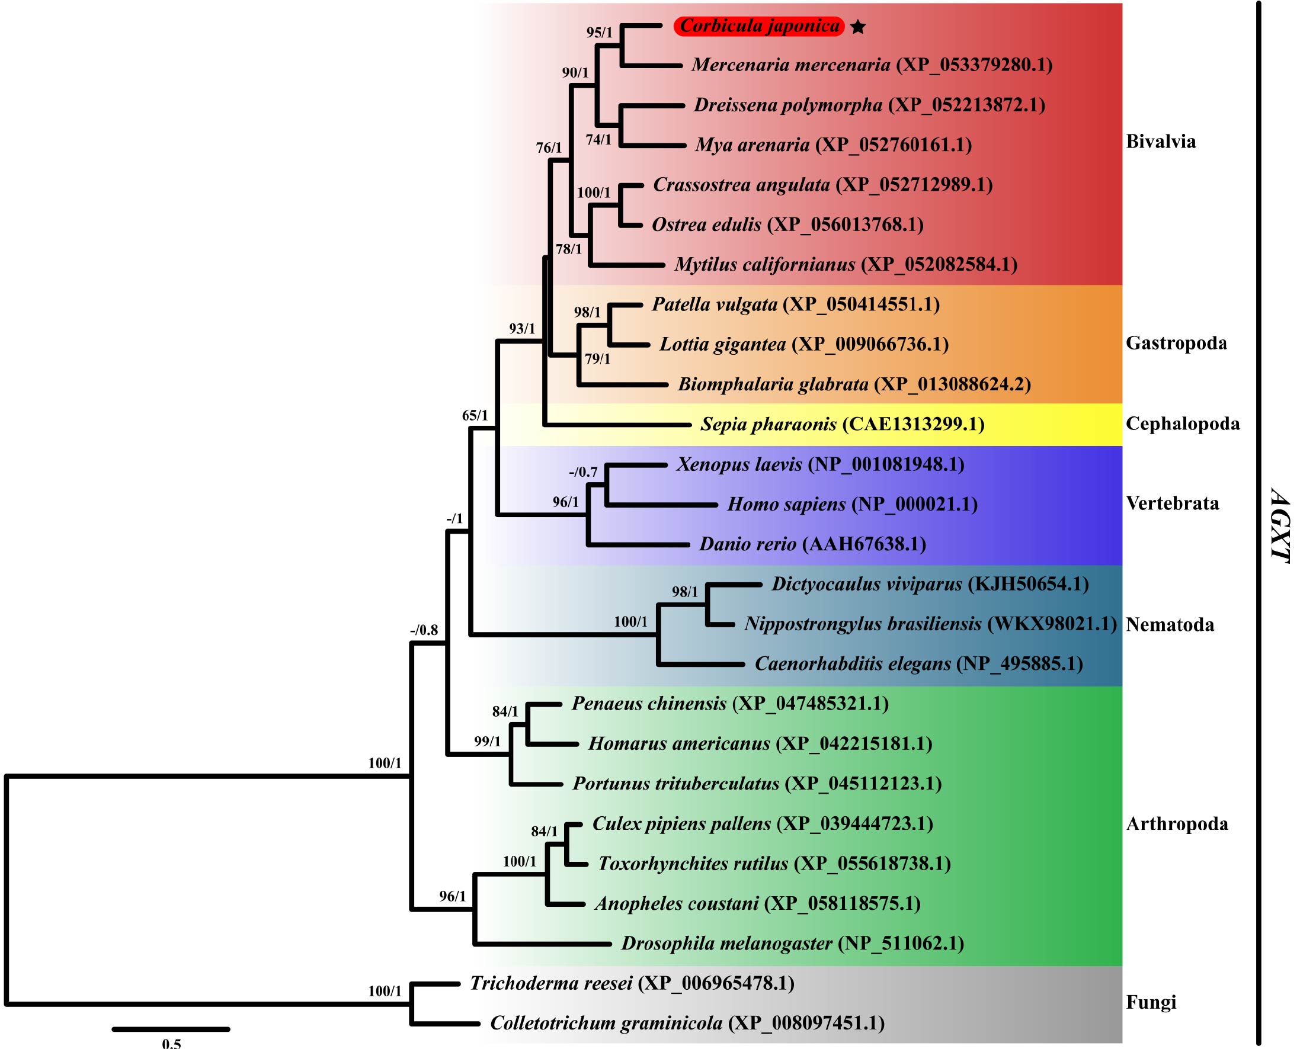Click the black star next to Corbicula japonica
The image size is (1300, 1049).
[857, 27]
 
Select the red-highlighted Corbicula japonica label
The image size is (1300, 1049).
[759, 26]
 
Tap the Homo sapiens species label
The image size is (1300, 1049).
[786, 504]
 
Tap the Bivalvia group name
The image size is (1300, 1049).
[1161, 142]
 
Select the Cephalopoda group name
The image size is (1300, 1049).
[1183, 424]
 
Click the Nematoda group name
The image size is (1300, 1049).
[1170, 625]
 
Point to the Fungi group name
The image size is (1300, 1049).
[1151, 1002]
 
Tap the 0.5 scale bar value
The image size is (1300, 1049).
[171, 1042]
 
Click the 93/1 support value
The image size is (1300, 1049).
[522, 329]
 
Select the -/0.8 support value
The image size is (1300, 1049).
[424, 630]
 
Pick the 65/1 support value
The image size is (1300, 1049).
[475, 416]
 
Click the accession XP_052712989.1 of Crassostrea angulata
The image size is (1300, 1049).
[914, 185]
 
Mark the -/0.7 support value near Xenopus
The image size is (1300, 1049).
[583, 472]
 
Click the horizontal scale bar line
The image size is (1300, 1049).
[171, 1029]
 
